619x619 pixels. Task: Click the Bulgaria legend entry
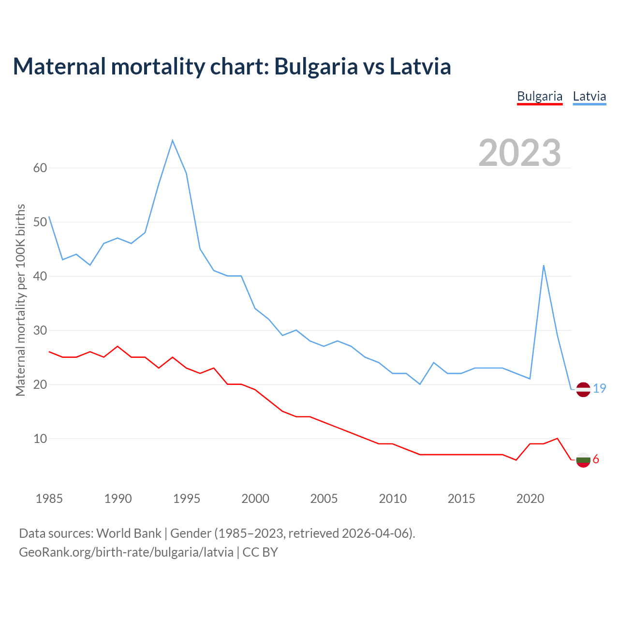coord(540,96)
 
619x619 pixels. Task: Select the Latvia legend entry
coord(589,96)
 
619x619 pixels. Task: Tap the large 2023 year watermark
coord(520,153)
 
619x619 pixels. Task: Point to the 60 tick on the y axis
coord(40,168)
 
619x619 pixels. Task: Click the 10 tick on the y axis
coord(40,439)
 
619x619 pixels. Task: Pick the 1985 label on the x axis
coord(49,499)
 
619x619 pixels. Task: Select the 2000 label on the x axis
coord(255,499)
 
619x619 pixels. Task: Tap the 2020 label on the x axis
coord(530,499)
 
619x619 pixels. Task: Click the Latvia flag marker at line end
coord(583,389)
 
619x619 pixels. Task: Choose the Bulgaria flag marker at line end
coord(583,460)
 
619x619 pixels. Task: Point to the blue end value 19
coord(600,388)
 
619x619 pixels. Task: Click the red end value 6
coord(596,459)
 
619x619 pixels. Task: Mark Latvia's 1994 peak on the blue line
coord(173,140)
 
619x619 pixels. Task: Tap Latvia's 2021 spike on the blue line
coord(544,265)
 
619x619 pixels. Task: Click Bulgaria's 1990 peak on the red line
coord(118,346)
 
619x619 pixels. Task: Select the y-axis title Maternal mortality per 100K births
coord(21,300)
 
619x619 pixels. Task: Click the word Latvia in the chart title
coord(420,66)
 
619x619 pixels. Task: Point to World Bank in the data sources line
coord(129,533)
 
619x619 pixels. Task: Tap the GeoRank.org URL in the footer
coord(126,552)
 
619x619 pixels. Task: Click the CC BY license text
coord(260,552)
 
